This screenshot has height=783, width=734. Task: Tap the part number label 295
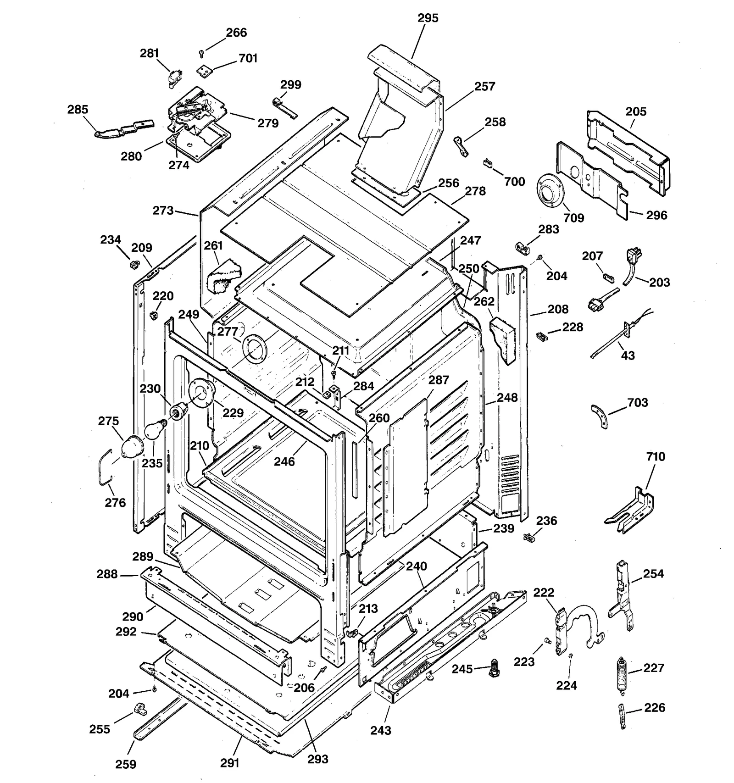pos(428,18)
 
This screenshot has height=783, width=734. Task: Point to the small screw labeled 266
pos(201,54)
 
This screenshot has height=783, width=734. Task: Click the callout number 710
pos(656,456)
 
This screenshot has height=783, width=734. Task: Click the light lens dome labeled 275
pos(131,446)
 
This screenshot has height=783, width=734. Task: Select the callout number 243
pos(381,730)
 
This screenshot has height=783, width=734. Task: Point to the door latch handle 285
pos(123,128)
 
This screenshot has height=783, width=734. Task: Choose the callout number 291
pos(230,762)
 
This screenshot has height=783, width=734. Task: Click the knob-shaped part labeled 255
pos(139,710)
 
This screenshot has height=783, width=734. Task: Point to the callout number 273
pos(163,211)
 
